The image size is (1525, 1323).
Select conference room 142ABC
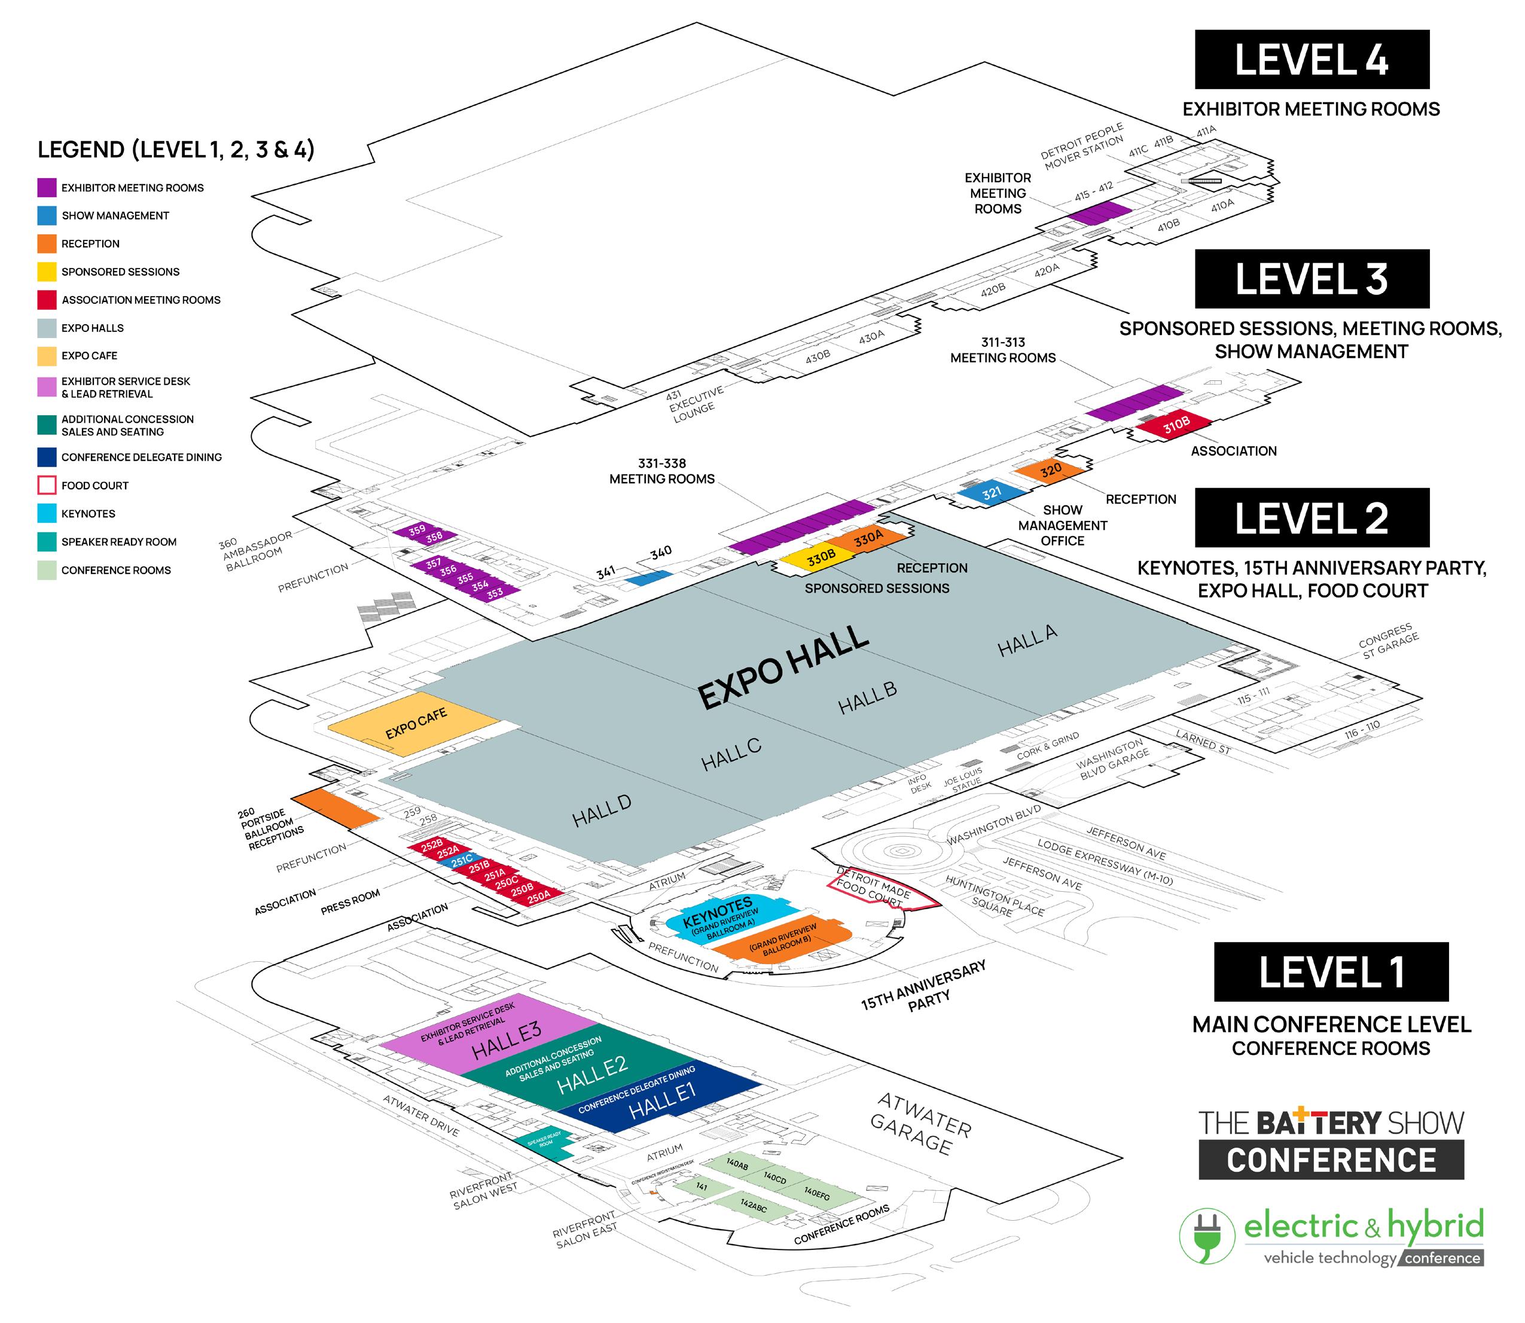[754, 1206]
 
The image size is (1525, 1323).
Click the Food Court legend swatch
[47, 485]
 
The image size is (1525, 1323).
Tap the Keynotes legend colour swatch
[47, 513]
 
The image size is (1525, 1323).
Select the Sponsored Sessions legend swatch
[47, 272]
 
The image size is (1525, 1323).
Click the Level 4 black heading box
[1311, 59]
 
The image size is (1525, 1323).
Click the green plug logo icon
[1206, 1236]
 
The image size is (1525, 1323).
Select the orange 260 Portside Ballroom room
[335, 807]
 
